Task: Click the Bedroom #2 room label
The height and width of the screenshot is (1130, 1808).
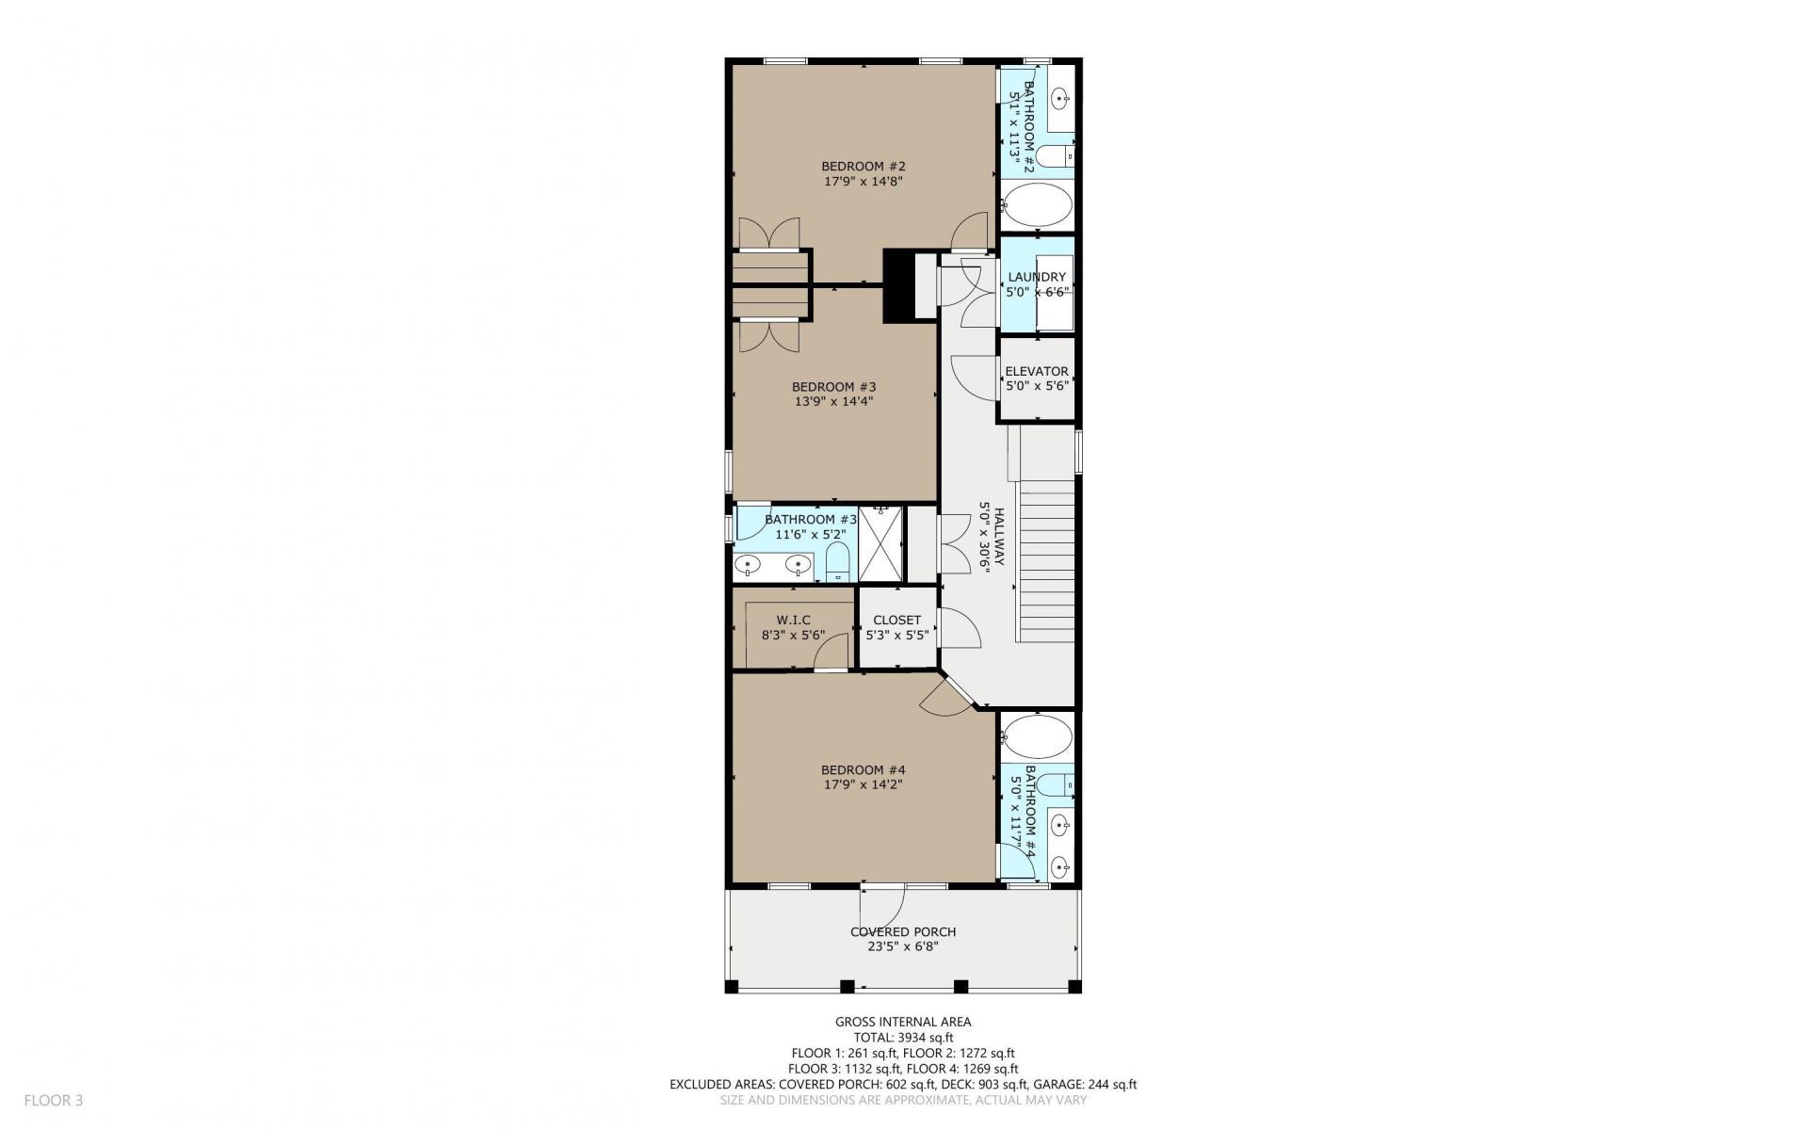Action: pos(864,167)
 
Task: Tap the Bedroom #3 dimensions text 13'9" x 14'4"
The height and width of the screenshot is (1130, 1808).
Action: pos(834,401)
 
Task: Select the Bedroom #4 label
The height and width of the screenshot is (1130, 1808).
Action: pos(864,769)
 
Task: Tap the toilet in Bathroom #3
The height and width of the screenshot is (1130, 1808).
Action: pos(837,564)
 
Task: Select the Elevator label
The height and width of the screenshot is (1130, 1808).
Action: pos(1037,371)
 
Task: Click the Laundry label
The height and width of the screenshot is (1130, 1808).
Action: pos(1037,277)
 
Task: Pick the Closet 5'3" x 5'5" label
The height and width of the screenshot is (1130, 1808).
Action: pos(897,627)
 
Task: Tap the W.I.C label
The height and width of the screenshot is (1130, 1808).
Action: pos(793,620)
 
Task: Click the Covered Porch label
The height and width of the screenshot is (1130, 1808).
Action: pos(903,932)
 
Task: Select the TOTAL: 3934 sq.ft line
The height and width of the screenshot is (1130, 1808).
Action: pos(903,1038)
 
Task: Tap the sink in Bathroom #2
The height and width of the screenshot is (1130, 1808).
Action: pos(1060,97)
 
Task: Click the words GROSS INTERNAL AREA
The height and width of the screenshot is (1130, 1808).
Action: pos(903,1022)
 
